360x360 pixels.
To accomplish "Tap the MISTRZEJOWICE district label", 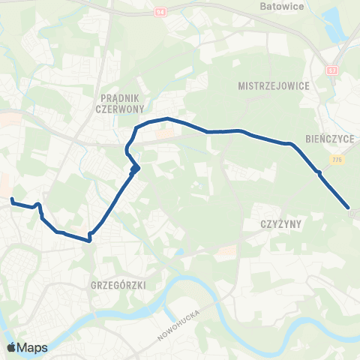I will point(273,85).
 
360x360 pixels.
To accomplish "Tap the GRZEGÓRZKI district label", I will point(112,285).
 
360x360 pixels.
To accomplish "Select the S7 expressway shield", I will point(331,70).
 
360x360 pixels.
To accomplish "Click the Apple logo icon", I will point(11,347).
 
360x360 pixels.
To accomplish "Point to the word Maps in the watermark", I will point(32,347).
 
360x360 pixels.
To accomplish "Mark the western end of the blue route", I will point(12,199).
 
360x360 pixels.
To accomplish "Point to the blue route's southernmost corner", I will point(90,240).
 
